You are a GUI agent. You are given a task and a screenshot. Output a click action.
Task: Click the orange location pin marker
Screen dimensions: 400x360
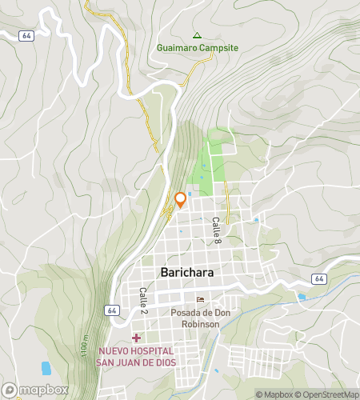pos(180,199)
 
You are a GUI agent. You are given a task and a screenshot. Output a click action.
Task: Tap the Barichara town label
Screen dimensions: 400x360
pos(187,273)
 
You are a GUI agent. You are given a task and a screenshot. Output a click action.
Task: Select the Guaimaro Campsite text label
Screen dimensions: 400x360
pos(198,47)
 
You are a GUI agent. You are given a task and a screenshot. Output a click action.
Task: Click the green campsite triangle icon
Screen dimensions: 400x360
pos(197,34)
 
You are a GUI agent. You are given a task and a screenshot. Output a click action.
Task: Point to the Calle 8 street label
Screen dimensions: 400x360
pos(216,231)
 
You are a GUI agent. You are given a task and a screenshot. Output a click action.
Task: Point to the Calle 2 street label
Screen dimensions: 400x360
pos(143,301)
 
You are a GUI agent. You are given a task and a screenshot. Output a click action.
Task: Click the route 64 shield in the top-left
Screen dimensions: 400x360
pos(27,35)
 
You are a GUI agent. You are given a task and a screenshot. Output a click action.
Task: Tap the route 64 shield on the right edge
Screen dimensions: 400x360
pos(318,278)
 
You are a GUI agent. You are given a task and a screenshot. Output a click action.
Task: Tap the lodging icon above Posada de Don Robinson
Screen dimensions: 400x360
pos(199,300)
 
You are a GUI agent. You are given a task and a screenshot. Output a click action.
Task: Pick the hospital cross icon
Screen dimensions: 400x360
pos(137,338)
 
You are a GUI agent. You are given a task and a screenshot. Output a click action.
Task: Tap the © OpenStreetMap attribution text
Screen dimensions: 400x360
pos(326,394)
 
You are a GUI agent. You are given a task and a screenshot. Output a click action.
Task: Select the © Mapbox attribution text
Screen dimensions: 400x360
pos(274,394)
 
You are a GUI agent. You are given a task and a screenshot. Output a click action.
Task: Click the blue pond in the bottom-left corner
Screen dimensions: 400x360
pos(46,368)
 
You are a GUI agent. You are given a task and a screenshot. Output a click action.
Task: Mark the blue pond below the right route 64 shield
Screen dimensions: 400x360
pos(301,297)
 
